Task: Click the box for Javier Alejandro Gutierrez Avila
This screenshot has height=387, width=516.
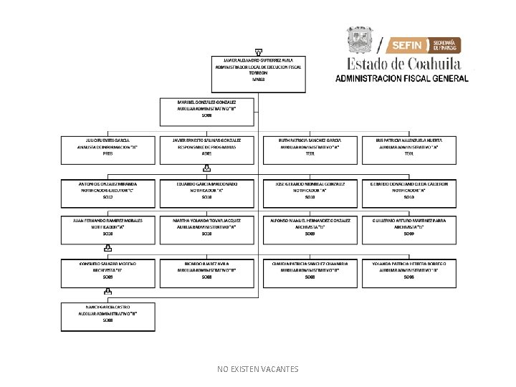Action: click(258, 70)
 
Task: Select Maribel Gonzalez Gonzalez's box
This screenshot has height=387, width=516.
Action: click(206, 109)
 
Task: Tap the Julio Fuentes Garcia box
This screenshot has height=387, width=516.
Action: click(108, 146)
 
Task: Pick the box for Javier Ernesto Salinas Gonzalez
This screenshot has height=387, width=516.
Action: click(206, 146)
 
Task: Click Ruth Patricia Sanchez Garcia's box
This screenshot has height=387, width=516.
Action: click(310, 146)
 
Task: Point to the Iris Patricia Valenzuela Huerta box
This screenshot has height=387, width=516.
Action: click(409, 146)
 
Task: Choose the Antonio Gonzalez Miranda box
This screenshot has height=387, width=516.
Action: click(108, 190)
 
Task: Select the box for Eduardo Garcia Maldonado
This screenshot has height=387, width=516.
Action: click(206, 190)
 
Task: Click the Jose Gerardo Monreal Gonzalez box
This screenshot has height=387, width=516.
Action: click(310, 190)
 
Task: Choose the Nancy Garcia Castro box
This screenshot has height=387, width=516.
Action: click(108, 313)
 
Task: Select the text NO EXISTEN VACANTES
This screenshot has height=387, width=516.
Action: click(258, 369)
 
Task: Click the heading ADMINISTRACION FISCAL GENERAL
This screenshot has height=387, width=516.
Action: click(401, 78)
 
